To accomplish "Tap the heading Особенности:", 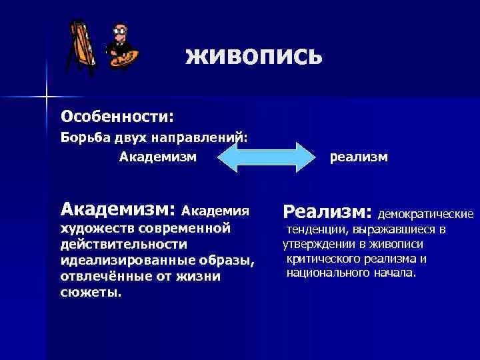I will coord(117,117).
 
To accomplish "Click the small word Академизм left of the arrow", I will coord(158,157).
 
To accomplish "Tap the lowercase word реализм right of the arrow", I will coord(359,157).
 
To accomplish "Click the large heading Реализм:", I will coord(327,212).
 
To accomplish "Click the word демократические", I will coord(426,215).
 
